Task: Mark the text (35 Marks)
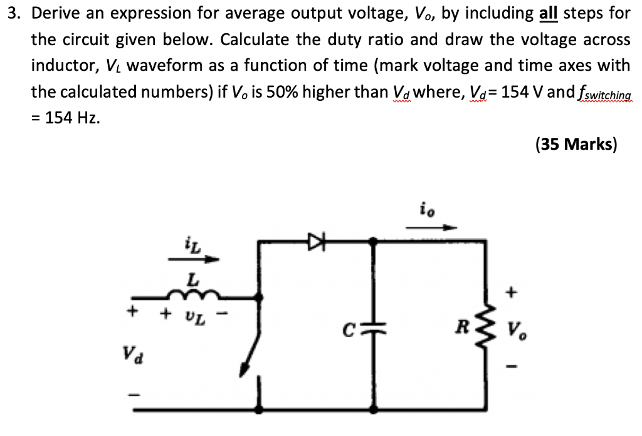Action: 576,144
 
